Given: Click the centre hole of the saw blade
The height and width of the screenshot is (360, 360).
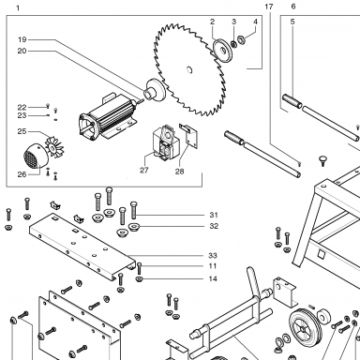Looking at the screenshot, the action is click(189, 70).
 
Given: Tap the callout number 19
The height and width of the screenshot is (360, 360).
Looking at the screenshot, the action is click(22, 39).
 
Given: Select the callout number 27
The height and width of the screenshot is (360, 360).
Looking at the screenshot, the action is click(143, 171).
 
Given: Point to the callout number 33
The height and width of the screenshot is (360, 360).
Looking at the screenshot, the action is click(213, 256).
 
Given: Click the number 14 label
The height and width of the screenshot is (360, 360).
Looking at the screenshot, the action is click(213, 278).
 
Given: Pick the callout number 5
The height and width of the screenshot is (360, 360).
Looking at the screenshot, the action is click(292, 22).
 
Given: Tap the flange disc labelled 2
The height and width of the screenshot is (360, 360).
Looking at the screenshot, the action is click(223, 50).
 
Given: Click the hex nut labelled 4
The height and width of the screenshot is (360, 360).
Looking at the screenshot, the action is click(241, 40).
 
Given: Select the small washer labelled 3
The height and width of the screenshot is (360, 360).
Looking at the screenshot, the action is click(233, 44).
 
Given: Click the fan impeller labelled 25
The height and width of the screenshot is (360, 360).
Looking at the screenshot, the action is click(54, 146).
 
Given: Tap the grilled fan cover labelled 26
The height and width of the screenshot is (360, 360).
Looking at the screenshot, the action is click(36, 156).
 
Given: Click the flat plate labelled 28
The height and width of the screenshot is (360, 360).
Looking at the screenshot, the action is click(189, 135).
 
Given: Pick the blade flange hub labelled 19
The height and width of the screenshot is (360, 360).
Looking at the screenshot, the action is click(155, 90).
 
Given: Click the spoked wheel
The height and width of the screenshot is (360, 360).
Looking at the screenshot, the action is click(304, 329).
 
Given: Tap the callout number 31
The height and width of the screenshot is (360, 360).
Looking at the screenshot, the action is click(214, 215).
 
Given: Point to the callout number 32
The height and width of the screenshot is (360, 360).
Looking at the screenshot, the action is click(214, 226).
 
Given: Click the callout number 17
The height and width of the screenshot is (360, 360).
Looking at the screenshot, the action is click(269, 7).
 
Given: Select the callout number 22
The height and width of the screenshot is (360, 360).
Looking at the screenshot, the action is click(22, 108).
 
